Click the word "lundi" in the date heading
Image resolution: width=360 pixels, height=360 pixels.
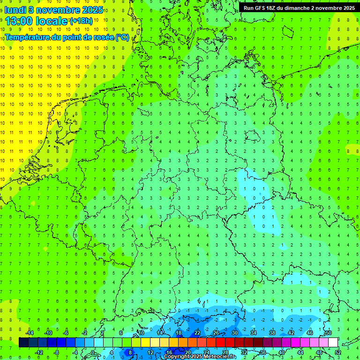tap(15, 10)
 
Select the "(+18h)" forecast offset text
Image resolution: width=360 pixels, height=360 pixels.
tap(81, 21)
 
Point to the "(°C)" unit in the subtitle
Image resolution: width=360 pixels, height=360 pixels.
tap(122, 37)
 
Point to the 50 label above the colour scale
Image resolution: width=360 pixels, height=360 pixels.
tap(328, 333)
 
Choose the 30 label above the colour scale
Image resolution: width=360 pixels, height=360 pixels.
tap(234, 333)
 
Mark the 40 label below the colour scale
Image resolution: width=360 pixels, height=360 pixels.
tap(281, 352)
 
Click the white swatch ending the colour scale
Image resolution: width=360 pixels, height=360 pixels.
tap(333, 342)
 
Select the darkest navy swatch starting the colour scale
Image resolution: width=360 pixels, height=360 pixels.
tap(23, 342)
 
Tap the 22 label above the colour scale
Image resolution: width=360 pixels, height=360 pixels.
tap(197, 333)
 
